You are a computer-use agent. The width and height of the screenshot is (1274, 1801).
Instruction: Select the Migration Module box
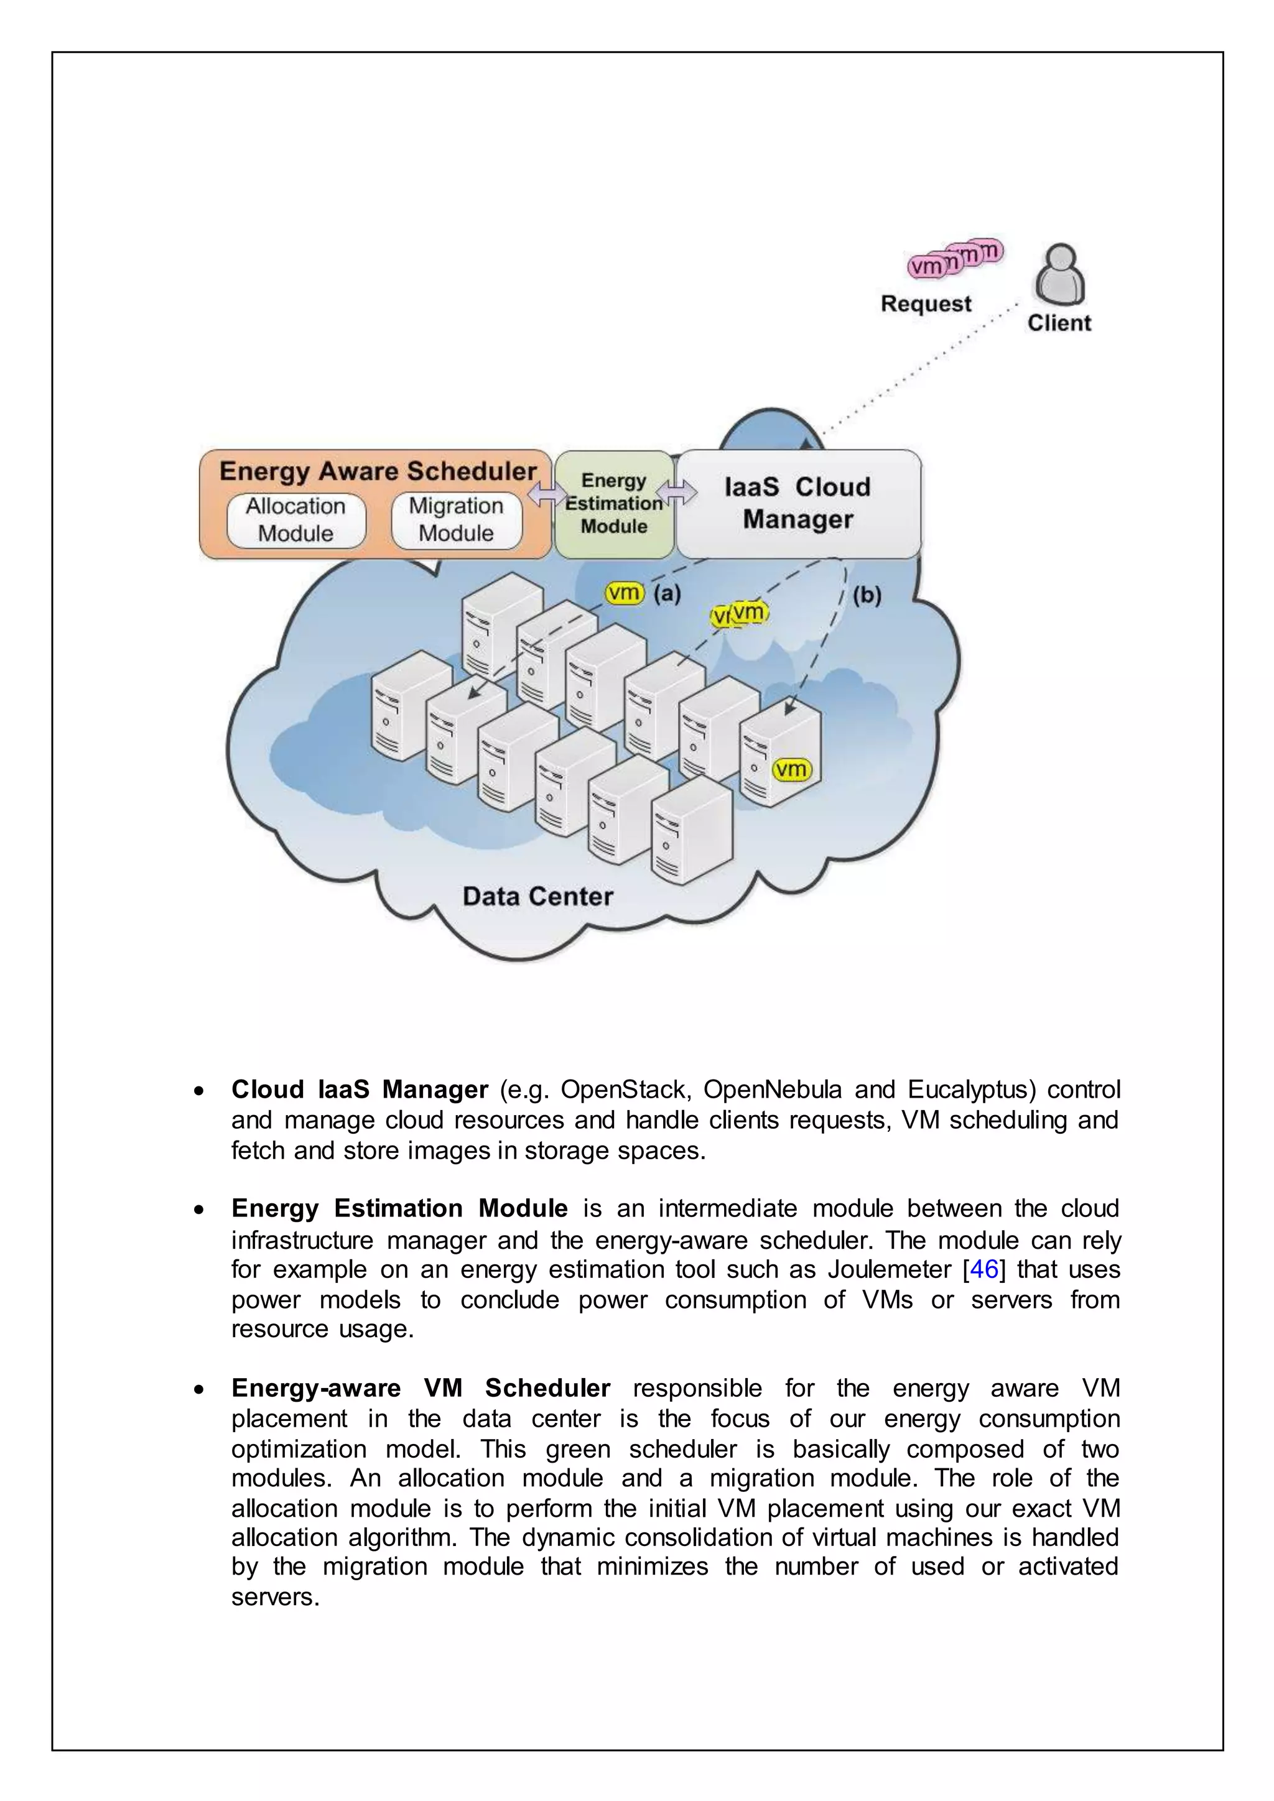(456, 520)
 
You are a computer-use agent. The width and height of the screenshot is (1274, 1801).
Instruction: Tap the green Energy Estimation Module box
(613, 504)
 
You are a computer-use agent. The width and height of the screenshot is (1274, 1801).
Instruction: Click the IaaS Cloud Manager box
(798, 503)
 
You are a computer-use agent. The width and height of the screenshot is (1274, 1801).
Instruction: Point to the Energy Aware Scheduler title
(378, 471)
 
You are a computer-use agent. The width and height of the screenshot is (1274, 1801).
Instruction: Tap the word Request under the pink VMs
(926, 303)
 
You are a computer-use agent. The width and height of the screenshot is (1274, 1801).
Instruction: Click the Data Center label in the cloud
(537, 896)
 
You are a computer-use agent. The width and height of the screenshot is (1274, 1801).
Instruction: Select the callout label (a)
(667, 593)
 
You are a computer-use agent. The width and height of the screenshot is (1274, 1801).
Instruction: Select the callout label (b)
(867, 595)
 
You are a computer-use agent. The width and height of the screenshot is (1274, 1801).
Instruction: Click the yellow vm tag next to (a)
(625, 593)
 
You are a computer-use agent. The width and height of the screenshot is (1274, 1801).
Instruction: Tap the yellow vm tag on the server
(791, 769)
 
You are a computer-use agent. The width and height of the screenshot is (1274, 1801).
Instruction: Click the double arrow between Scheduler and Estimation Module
(547, 495)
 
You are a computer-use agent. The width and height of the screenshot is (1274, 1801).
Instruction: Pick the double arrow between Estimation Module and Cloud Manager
(676, 493)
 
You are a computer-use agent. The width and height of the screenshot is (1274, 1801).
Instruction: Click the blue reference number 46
(983, 1269)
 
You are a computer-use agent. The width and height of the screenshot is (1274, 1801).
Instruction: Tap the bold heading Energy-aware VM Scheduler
(421, 1387)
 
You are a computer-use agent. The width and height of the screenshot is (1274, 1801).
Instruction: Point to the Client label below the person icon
(1059, 323)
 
